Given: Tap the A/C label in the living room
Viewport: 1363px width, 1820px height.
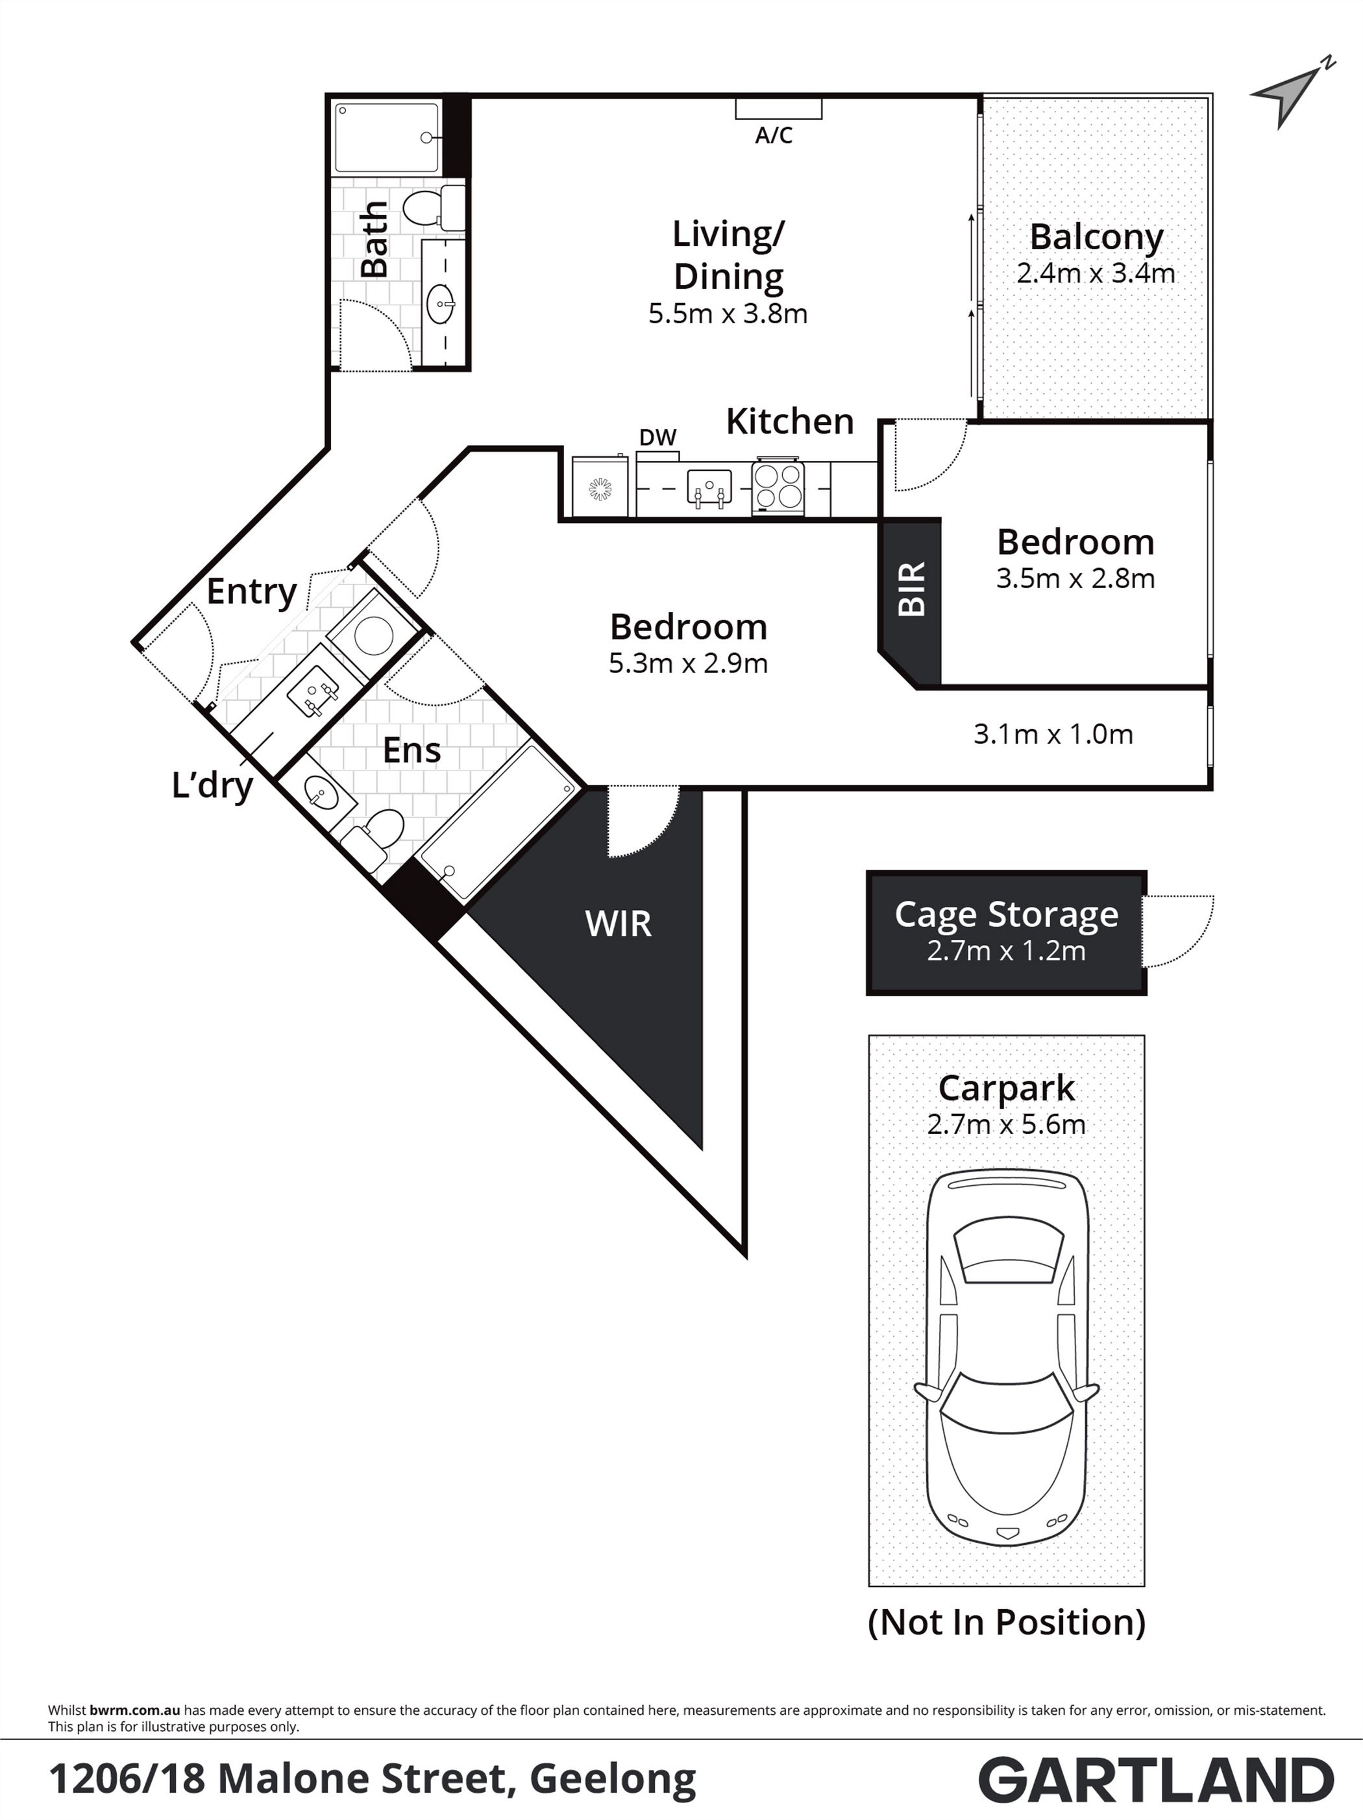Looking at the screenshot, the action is pos(774,135).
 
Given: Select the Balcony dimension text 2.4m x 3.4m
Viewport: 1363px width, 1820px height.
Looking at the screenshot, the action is pos(1096,273).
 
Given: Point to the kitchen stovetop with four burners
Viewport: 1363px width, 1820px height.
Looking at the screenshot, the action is pos(778,486).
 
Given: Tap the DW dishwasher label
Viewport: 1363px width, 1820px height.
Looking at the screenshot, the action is pos(658,437).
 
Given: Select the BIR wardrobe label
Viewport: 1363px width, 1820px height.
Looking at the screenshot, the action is pos(911,589).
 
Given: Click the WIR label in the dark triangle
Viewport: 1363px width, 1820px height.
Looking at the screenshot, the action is pos(618,924).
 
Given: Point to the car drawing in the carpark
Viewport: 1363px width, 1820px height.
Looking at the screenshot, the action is pos(1006,1359).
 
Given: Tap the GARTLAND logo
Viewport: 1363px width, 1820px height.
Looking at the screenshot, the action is pos(1157,1779).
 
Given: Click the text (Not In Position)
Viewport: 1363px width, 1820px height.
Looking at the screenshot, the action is pos(1006,1623).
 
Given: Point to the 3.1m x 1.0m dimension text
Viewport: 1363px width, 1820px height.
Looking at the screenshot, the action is pos(1053,734).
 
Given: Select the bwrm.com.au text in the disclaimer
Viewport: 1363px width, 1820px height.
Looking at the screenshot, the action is pos(135,1710).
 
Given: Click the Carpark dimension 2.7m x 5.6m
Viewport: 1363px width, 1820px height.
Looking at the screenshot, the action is pos(1006,1125).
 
